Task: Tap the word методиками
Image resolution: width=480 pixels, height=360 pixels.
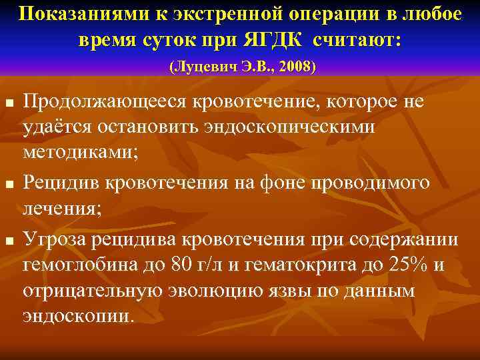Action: tap(81, 152)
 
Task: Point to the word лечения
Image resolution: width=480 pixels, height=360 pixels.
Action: tap(62, 208)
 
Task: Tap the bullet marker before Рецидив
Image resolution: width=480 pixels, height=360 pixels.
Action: tap(9, 183)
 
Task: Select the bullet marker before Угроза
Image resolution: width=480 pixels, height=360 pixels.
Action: tap(9, 239)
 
